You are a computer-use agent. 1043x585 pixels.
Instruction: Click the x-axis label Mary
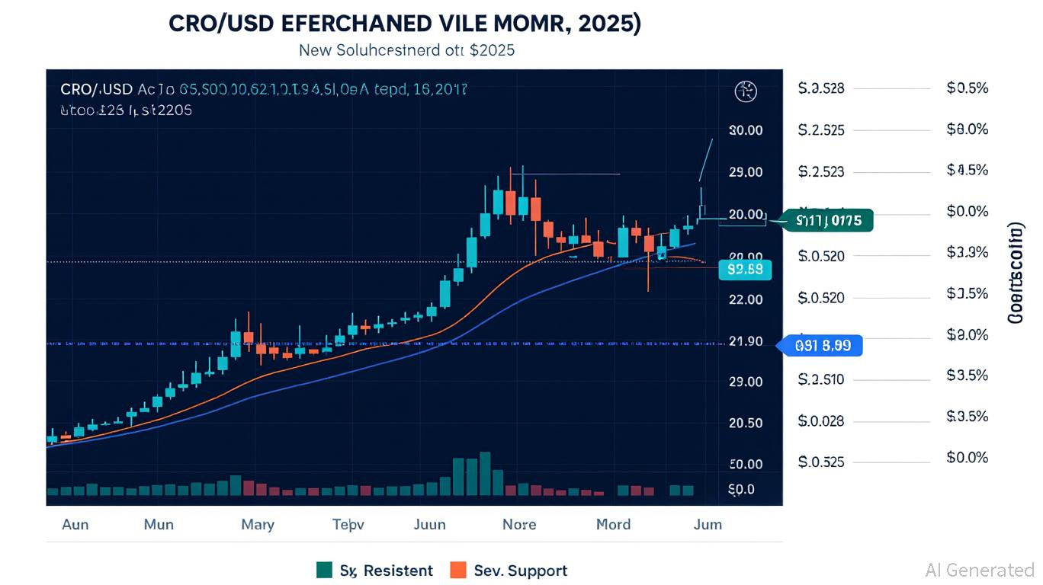coord(258,524)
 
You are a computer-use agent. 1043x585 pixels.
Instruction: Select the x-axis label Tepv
coord(348,524)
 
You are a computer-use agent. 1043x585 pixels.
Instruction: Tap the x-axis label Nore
coord(519,524)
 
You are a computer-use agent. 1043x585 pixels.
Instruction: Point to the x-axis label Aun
coord(75,524)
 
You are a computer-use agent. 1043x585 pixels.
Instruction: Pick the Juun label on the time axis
coord(429,524)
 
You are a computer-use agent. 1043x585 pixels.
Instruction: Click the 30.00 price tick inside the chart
coord(746,130)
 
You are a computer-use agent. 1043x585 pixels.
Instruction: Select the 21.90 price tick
coord(746,341)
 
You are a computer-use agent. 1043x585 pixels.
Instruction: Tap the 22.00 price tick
coord(746,299)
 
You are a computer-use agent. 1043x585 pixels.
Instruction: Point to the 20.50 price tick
coord(746,424)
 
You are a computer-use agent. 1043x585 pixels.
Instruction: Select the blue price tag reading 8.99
coord(822,345)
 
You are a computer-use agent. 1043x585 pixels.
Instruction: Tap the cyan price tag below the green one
coord(745,269)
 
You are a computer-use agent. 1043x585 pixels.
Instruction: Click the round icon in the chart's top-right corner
coord(745,92)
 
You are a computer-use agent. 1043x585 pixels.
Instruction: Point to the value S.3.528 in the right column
coord(821,88)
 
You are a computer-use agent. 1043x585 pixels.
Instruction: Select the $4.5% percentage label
coord(967,170)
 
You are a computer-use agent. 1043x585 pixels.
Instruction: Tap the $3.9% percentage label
coord(967,252)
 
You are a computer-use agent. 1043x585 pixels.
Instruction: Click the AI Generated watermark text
coord(980,570)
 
